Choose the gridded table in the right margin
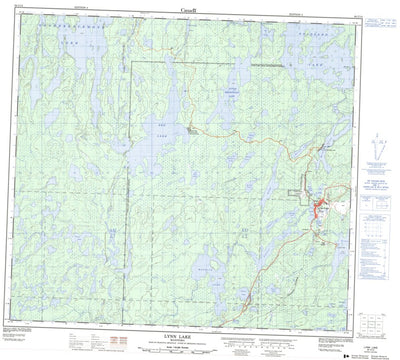coord(377,236)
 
